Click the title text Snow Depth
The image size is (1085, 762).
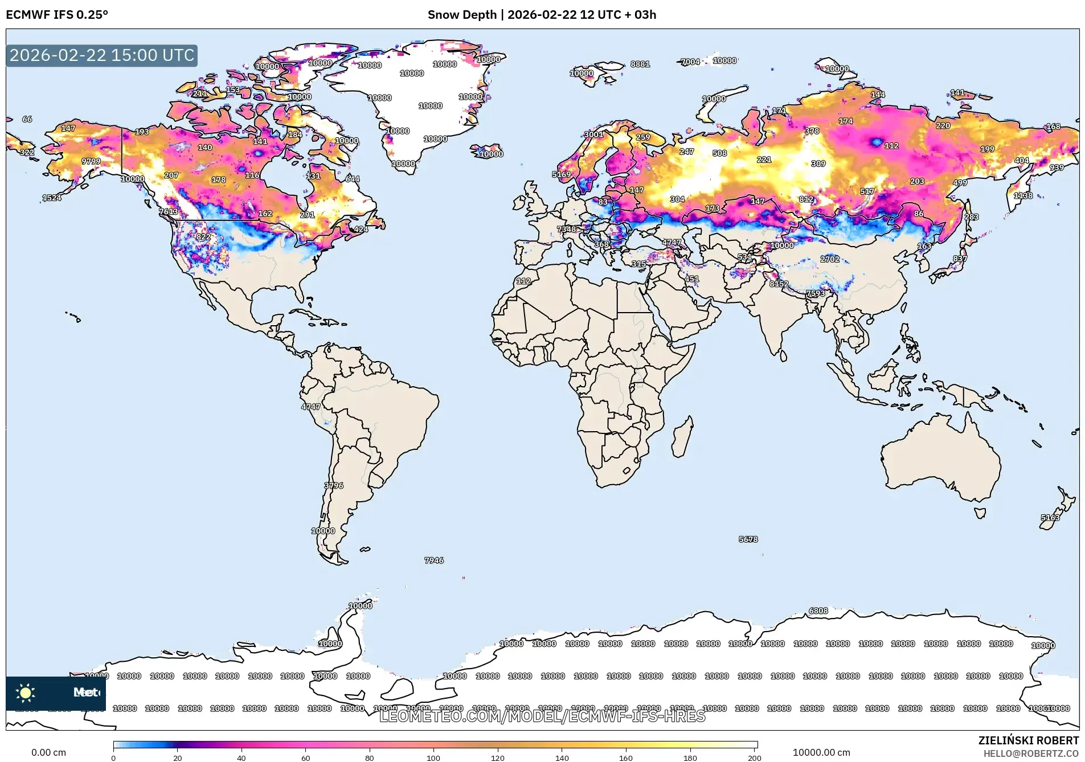462,15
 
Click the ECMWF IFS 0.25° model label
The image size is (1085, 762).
57,15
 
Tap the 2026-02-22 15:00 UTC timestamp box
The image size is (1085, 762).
102,55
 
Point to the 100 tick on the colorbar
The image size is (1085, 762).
433,757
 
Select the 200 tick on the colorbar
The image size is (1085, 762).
754,757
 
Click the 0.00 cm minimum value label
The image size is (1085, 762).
48,752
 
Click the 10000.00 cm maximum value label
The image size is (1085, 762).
821,752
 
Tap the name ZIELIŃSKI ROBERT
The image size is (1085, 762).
1028,740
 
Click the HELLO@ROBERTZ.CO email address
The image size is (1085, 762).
1031,753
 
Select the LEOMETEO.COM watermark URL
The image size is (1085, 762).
542,716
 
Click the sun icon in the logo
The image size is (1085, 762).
26,693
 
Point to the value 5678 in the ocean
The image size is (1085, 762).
748,539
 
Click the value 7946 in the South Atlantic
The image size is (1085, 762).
433,560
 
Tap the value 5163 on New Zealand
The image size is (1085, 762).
1050,518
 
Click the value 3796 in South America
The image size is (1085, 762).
334,486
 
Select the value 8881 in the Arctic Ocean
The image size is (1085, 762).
640,64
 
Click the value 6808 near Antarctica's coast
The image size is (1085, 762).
818,611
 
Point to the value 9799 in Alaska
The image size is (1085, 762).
91,161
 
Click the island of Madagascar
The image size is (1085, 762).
682,437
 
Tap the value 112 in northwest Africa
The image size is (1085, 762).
523,281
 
